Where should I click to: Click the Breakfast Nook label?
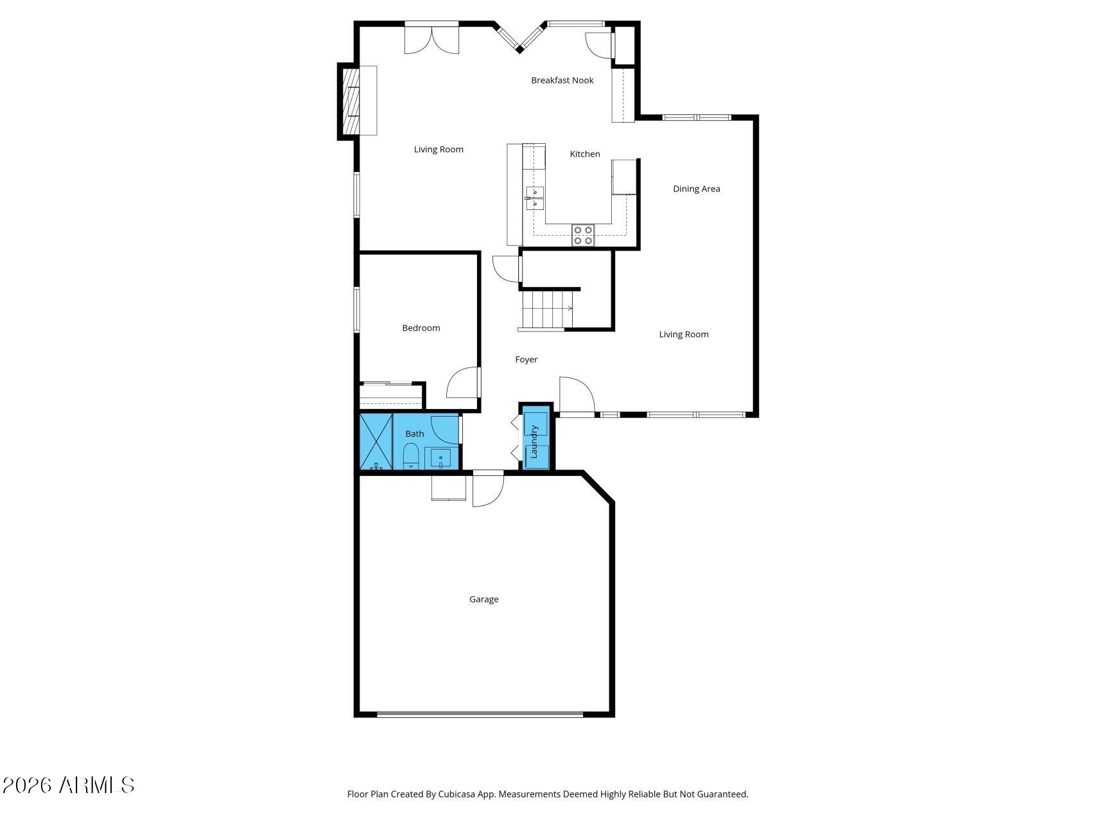pyautogui.click(x=562, y=80)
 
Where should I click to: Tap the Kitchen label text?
pyautogui.click(x=585, y=154)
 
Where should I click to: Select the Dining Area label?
pyautogui.click(x=696, y=189)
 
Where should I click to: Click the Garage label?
pyautogui.click(x=483, y=599)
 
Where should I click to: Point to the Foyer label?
pyautogui.click(x=526, y=360)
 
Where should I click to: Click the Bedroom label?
pyautogui.click(x=421, y=328)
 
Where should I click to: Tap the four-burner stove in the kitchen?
pyautogui.click(x=583, y=236)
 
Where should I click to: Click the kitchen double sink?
pyautogui.click(x=534, y=198)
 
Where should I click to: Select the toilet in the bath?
pyautogui.click(x=411, y=456)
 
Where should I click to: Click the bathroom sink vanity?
pyautogui.click(x=441, y=459)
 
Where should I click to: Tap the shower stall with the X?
pyautogui.click(x=376, y=442)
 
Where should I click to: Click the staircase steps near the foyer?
pyautogui.click(x=546, y=310)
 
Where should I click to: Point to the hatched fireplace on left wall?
pyautogui.click(x=351, y=101)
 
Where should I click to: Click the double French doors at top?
pyautogui.click(x=431, y=38)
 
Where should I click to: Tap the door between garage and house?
pyautogui.click(x=488, y=490)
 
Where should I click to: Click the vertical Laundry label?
pyautogui.click(x=534, y=442)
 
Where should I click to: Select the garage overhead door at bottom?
pyautogui.click(x=480, y=714)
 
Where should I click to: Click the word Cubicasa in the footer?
pyautogui.click(x=456, y=794)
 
